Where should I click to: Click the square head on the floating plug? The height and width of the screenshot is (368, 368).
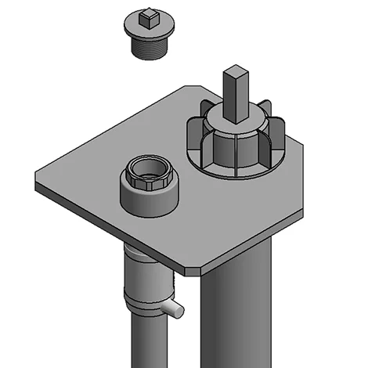coord(147,15)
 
